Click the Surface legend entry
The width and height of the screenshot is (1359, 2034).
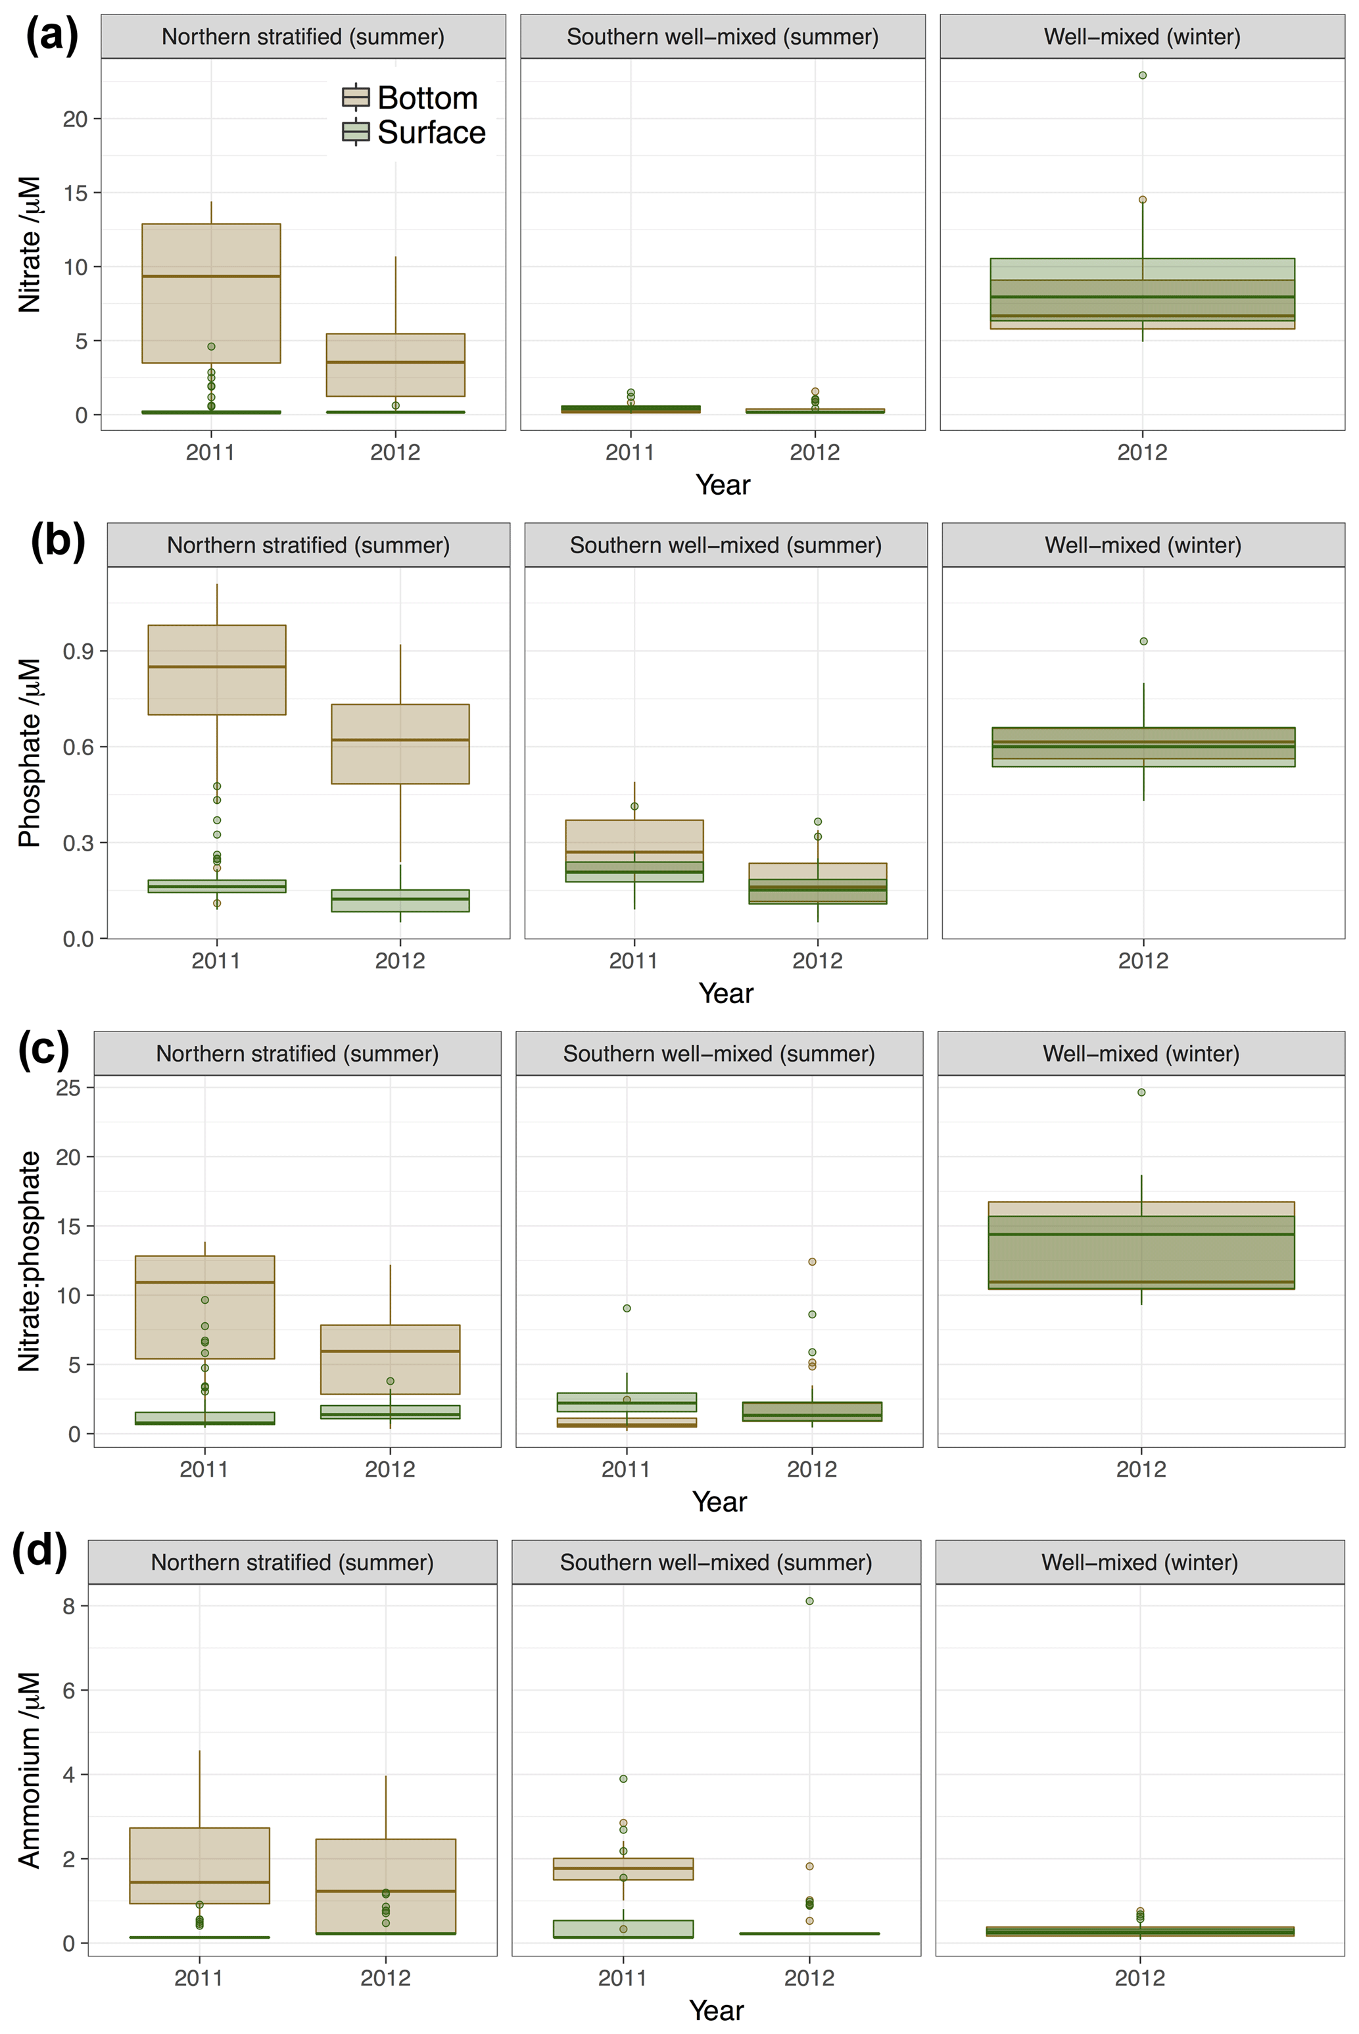414,133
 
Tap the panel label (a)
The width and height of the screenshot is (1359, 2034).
52,36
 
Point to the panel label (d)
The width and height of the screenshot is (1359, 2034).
40,1549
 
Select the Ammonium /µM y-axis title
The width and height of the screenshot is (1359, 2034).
30,1769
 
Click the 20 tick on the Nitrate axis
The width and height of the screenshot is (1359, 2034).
76,119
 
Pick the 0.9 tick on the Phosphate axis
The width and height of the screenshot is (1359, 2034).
78,651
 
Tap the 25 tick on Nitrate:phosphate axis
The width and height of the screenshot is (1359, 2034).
68,1087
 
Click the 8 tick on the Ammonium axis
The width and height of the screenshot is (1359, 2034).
68,1606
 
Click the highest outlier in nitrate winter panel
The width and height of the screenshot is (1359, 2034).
1142,76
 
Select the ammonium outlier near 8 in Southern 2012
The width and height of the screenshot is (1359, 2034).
809,1601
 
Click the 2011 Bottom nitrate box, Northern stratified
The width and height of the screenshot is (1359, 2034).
210,293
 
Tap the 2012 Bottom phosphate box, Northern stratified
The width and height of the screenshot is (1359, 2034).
400,744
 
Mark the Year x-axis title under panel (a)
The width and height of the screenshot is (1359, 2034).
723,485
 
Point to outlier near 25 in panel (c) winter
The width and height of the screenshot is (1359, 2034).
1141,1093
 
